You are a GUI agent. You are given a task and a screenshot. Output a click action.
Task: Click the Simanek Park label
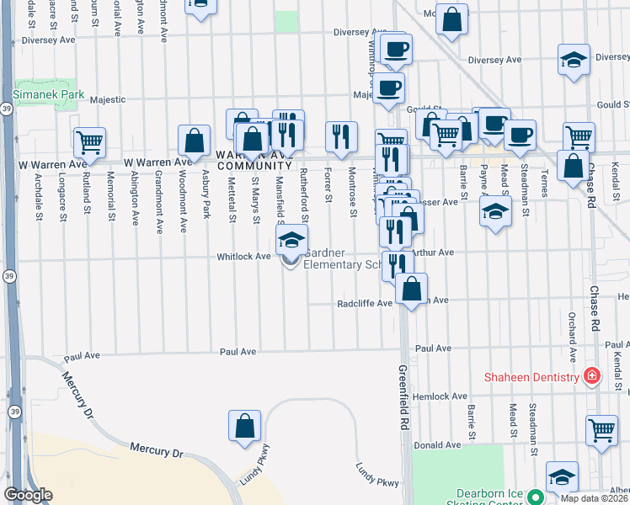pyautogui.click(x=48, y=96)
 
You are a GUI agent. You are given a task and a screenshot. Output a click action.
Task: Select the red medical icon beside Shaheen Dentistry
pyautogui.click(x=592, y=375)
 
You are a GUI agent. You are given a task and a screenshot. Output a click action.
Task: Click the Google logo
pyautogui.click(x=27, y=495)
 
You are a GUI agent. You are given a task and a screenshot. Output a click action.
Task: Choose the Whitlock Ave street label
pyautogui.click(x=243, y=256)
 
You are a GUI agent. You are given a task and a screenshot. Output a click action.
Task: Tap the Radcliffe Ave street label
pyautogui.click(x=365, y=303)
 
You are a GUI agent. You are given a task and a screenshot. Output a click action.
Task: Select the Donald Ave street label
pyautogui.click(x=442, y=444)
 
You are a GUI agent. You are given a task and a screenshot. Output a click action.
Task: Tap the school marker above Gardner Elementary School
pyautogui.click(x=291, y=240)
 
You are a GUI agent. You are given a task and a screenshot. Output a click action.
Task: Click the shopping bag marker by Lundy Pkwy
pyautogui.click(x=244, y=426)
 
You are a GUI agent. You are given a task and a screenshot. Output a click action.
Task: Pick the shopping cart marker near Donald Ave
pyautogui.click(x=601, y=430)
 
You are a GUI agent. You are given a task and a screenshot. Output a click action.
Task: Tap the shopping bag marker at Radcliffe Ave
pyautogui.click(x=411, y=289)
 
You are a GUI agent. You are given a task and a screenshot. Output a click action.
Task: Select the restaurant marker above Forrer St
pyautogui.click(x=341, y=137)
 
